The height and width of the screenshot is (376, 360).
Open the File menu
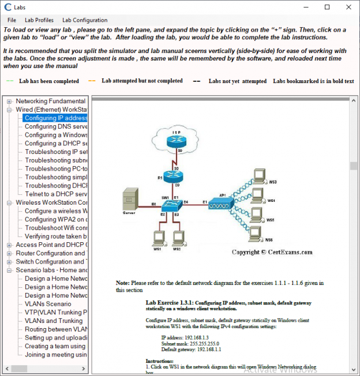pyautogui.click(x=12, y=20)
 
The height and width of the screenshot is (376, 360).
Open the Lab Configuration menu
pyautogui.click(x=85, y=20)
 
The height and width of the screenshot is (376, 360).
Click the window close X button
pyautogui.click(x=348, y=7)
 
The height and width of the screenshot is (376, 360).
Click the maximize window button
pyautogui.click(x=327, y=7)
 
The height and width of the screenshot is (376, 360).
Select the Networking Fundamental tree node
pyautogui.click(x=51, y=101)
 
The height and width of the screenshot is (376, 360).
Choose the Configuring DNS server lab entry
pyautogui.click(x=56, y=126)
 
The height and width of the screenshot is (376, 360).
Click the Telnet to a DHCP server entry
pyautogui.click(x=56, y=194)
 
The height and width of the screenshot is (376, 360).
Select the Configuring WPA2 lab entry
pyautogui.click(x=56, y=219)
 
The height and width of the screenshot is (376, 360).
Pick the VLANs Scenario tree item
pyautogui.click(x=48, y=303)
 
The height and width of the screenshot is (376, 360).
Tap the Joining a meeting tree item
pyautogui.click(x=56, y=354)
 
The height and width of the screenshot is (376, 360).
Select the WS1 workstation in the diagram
pyautogui.click(x=156, y=238)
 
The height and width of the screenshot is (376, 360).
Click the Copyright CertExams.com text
pyautogui.click(x=272, y=252)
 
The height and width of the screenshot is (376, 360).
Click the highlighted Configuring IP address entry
pyautogui.click(x=56, y=118)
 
